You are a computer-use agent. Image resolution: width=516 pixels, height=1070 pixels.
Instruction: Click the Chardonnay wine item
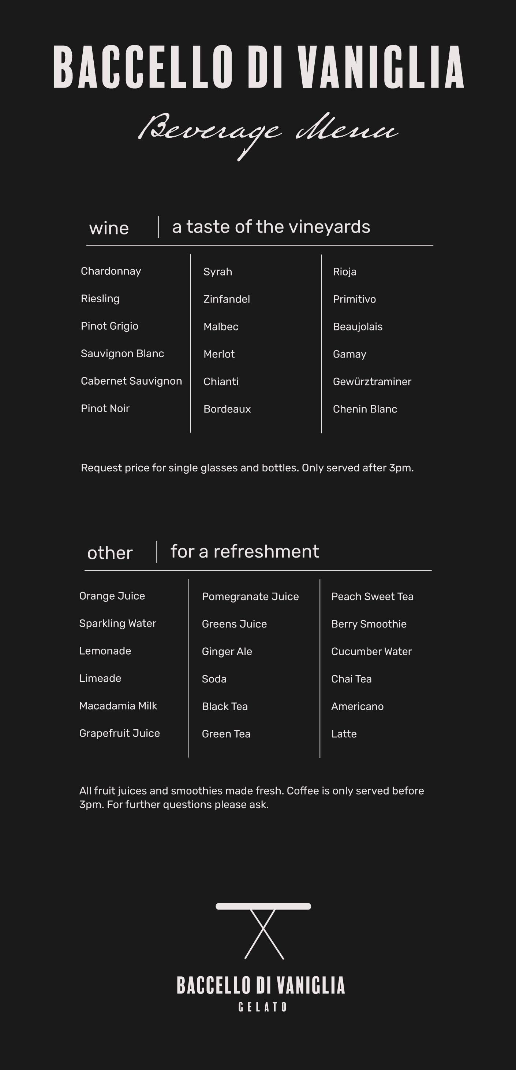(111, 271)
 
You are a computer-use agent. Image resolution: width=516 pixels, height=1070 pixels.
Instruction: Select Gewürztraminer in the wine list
(372, 382)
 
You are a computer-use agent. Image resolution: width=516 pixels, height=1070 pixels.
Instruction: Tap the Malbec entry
(221, 327)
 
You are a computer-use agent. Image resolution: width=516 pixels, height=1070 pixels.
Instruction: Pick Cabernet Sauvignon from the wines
(131, 381)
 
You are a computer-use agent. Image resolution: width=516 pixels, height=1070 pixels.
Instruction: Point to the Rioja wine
(345, 272)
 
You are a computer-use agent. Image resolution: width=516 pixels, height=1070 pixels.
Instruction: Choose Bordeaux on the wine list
(227, 409)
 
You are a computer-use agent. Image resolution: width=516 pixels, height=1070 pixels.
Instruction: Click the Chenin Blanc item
(365, 409)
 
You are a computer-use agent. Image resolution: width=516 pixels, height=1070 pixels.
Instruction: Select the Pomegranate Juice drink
(250, 596)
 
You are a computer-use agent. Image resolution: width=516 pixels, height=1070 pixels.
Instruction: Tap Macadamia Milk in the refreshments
(118, 706)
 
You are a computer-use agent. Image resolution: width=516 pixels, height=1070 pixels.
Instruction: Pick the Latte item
(344, 734)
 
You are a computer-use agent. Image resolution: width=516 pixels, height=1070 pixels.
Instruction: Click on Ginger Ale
(227, 651)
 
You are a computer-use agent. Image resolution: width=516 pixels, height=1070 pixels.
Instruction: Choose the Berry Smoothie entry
(369, 624)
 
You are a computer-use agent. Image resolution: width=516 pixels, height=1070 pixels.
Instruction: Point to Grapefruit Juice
(120, 733)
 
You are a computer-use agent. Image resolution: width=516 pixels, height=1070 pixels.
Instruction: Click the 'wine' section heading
(109, 228)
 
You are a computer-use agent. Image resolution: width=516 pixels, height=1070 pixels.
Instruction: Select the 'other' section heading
(109, 553)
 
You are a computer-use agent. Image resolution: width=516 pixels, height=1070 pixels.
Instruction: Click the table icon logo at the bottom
(263, 930)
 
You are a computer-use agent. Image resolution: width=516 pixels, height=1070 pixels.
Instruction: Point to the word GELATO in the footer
(262, 1007)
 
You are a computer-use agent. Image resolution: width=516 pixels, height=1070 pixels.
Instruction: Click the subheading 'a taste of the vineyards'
(271, 227)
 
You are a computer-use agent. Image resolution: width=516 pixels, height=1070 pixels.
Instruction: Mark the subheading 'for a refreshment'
(244, 552)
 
